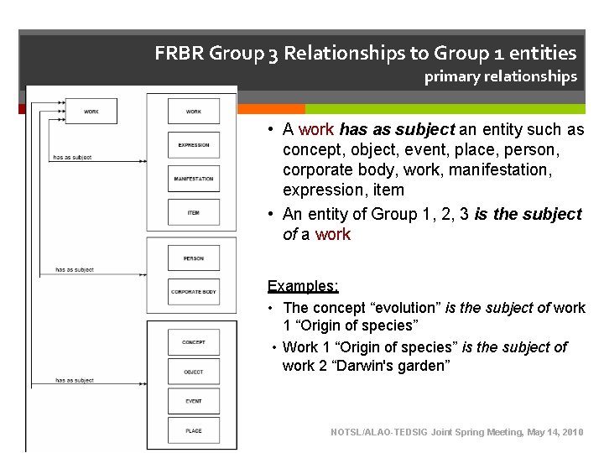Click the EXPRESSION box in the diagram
point(194,145)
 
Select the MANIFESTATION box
point(194,179)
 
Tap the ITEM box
point(194,212)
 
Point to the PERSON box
point(194,258)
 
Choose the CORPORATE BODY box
point(194,292)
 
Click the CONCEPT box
point(194,342)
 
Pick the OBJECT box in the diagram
point(194,372)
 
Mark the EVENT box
point(194,401)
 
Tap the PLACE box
point(194,430)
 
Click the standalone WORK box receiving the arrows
point(91,111)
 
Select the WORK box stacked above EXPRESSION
point(194,111)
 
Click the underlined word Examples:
point(303,286)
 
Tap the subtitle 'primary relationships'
point(500,77)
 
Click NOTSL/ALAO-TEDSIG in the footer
point(379,432)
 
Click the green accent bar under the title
point(445,109)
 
